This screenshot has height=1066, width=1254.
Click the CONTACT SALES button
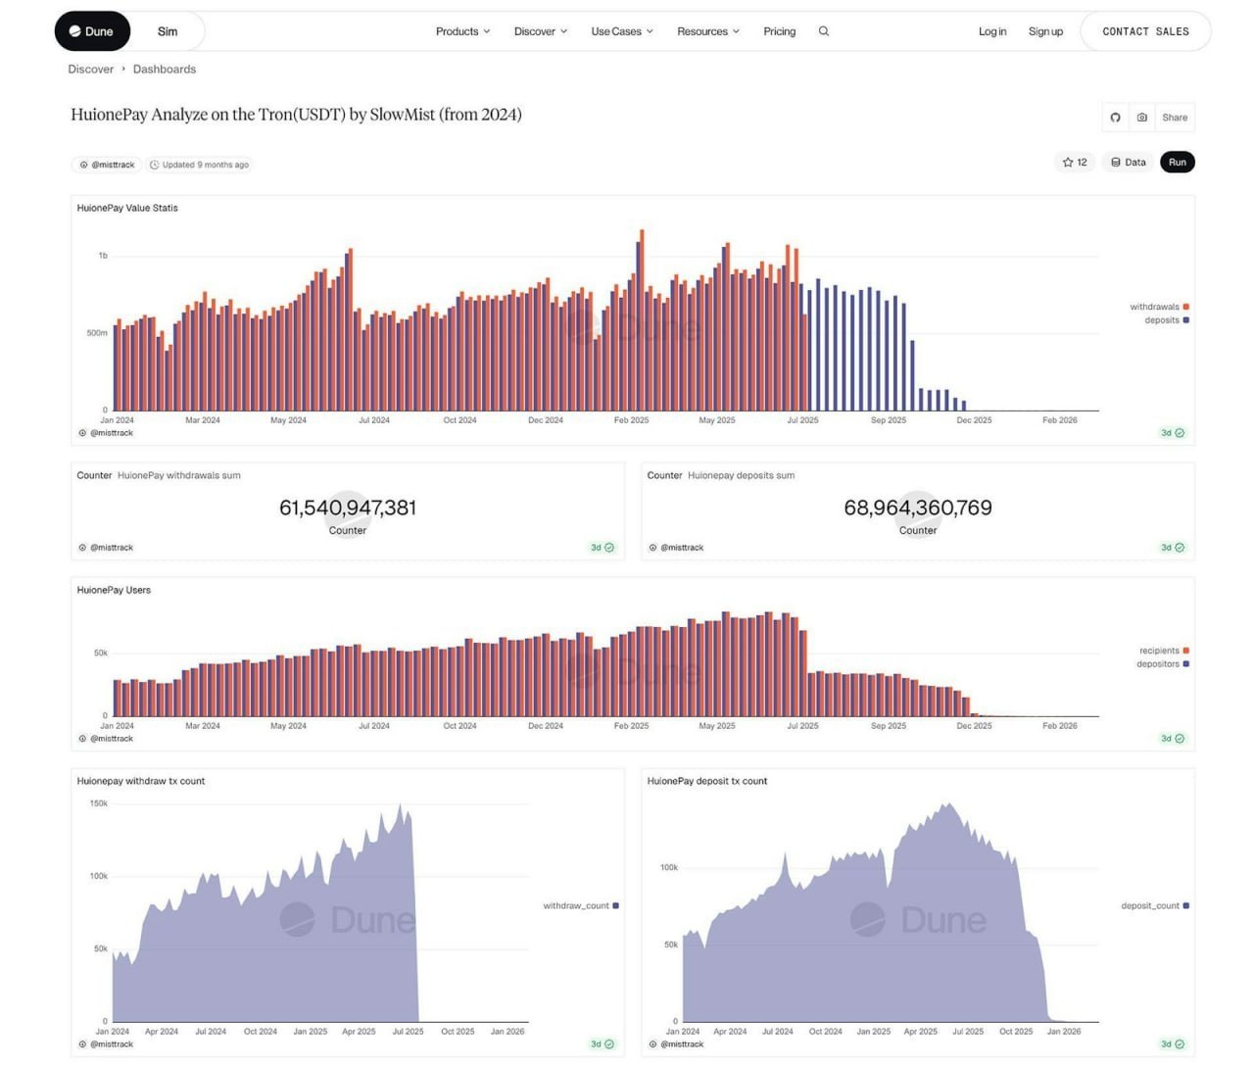tap(1145, 31)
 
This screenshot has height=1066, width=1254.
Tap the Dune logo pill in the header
tap(92, 31)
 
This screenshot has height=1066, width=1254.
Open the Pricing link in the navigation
tap(779, 31)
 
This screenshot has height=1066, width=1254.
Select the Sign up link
tap(1045, 31)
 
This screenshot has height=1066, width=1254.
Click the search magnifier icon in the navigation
tap(824, 31)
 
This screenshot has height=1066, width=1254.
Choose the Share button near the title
tap(1175, 118)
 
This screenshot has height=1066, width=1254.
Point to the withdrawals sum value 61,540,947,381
tap(348, 508)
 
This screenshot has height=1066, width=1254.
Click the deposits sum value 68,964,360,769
tap(918, 508)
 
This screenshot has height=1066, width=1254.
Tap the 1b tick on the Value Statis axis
tap(103, 256)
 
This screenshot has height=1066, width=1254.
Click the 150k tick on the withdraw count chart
tap(99, 803)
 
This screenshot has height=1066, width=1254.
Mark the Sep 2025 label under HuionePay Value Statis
tap(889, 420)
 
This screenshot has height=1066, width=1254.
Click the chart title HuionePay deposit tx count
tap(707, 781)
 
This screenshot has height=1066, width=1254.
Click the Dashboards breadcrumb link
tap(165, 70)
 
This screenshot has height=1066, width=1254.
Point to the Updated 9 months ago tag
tap(200, 165)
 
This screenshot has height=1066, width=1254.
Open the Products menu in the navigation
tap(462, 31)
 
